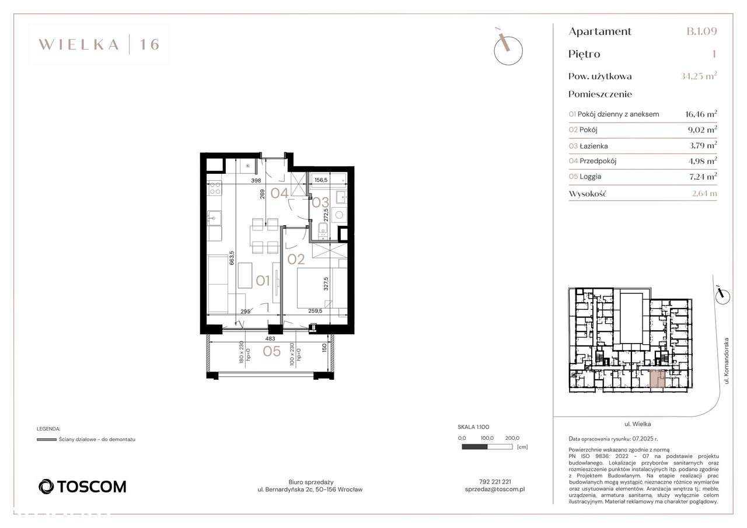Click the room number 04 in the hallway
(279, 193)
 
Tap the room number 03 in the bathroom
(320, 202)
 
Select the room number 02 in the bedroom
(296, 260)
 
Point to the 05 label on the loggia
(272, 351)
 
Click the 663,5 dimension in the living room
(232, 258)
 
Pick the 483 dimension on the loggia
(270, 338)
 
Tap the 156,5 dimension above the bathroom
(321, 180)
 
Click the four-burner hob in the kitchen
(215, 188)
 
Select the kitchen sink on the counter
(214, 218)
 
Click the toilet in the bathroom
(323, 231)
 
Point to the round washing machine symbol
(339, 215)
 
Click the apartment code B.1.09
(701, 32)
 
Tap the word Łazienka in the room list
(594, 146)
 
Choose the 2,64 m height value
(704, 193)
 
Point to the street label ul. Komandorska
(727, 361)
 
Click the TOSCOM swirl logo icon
(46, 487)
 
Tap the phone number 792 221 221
(495, 482)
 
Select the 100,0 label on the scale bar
(487, 438)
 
